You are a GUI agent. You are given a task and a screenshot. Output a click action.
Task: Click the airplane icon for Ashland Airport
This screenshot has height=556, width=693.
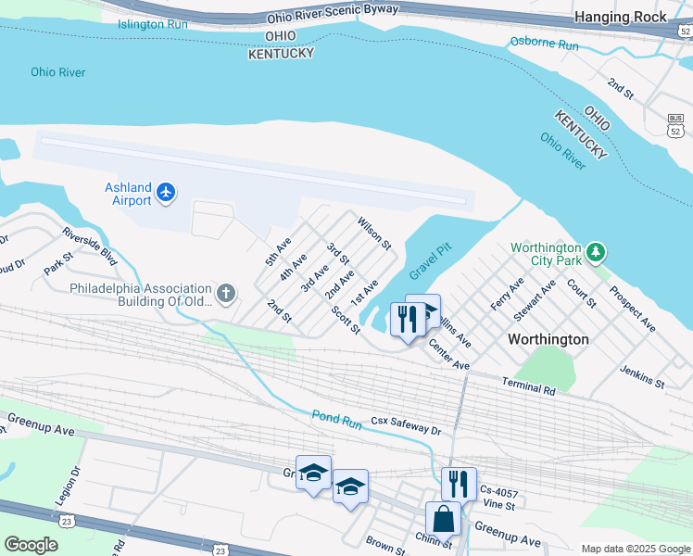(x=166, y=192)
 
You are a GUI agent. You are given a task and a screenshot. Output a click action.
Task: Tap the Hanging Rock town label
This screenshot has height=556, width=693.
(x=620, y=17)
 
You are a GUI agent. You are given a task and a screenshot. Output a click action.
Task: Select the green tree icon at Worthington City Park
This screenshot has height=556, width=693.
(x=598, y=250)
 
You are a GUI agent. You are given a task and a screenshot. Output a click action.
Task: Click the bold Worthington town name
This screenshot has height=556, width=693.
(x=548, y=339)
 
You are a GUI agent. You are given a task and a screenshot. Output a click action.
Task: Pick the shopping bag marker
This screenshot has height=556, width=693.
(x=443, y=519)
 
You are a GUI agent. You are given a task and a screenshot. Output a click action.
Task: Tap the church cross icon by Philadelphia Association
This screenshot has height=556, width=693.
(x=225, y=295)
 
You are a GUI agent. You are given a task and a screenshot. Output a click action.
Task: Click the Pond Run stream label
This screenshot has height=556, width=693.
(x=335, y=418)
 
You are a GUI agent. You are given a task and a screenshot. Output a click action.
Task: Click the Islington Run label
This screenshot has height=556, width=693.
(x=153, y=24)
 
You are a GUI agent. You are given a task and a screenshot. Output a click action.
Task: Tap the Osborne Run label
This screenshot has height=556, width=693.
(x=544, y=44)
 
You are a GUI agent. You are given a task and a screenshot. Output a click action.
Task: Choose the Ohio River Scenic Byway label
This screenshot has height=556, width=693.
(x=333, y=14)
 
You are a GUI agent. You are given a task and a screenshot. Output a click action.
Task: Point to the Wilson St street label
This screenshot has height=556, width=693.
(x=374, y=233)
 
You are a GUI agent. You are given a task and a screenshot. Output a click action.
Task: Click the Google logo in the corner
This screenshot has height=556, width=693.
(x=31, y=544)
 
